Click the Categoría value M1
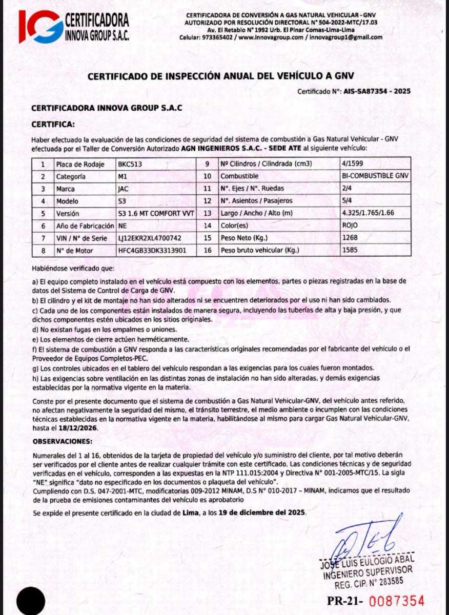pos(123,177)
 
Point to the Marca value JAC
pos(124,189)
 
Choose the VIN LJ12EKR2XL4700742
pos(149,238)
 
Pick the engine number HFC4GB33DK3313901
pos(152,251)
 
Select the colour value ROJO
pos(350,226)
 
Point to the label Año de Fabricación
pos(85,226)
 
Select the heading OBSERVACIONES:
pos(63,441)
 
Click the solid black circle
pos(31,601)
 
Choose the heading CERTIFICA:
pos(53,124)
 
